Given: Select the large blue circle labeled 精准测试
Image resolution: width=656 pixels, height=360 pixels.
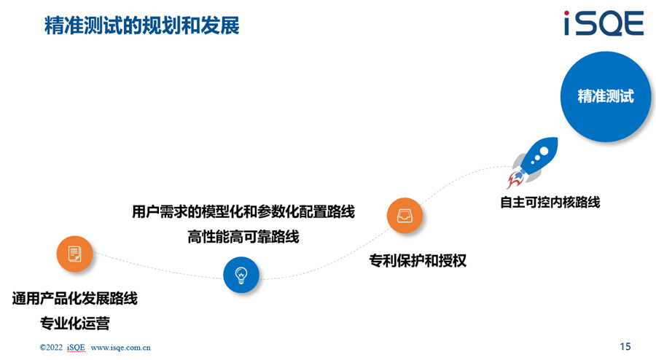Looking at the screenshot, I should click(605, 96).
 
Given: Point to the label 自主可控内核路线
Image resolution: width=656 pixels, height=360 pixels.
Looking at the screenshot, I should click(550, 203).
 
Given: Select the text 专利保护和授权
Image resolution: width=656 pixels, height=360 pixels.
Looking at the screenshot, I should click(418, 260).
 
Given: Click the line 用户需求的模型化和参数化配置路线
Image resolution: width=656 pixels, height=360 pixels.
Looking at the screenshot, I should click(243, 213).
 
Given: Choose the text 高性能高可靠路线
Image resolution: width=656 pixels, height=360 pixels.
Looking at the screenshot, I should click(243, 237).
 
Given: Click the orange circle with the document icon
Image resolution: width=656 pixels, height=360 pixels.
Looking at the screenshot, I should click(75, 254).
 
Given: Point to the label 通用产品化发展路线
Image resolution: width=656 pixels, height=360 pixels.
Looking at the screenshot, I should click(75, 299).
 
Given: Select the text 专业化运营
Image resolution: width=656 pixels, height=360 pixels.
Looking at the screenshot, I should click(75, 323).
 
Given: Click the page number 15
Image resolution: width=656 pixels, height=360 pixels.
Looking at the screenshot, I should click(625, 345).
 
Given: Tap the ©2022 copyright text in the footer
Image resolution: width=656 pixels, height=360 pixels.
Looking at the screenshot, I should click(50, 348).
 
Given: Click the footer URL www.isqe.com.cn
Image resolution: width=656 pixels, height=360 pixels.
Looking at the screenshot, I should click(120, 348).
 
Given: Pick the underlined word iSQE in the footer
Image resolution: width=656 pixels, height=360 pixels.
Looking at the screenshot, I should click(76, 348).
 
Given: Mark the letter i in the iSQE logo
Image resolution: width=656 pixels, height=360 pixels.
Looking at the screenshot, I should click(568, 24).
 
